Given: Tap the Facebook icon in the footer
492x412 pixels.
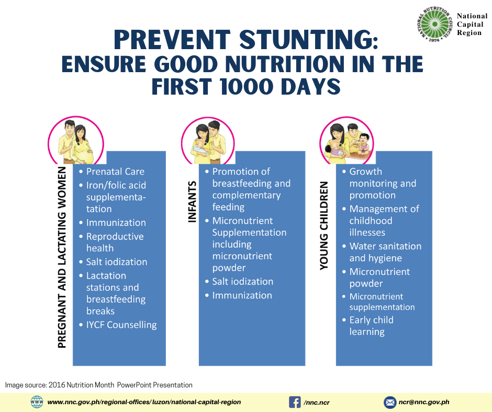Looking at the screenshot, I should point(295,402).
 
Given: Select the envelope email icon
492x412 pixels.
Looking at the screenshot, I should point(390,402).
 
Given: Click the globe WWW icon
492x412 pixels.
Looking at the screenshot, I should point(37,402).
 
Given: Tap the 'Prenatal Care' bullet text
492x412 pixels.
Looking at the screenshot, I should point(115,171).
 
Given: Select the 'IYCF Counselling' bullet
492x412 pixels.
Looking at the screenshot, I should point(121,325).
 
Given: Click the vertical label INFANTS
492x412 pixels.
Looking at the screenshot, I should point(192,202).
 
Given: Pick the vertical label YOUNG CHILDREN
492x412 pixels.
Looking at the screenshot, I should point(324,226).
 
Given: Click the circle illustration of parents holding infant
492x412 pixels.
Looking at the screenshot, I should point(207,140).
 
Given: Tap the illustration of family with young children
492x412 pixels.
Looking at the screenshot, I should point(346,140).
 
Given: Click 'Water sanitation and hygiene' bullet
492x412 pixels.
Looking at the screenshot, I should point(385,252).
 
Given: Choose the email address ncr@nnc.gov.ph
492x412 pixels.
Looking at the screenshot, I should point(424,402).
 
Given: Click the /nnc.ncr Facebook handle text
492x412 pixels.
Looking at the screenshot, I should point(317,403).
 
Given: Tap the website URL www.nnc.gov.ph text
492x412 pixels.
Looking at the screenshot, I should point(144,402).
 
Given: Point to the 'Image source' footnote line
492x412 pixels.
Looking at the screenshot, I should point(99,385).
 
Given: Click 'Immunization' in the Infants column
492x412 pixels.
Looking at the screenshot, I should point(242,295).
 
